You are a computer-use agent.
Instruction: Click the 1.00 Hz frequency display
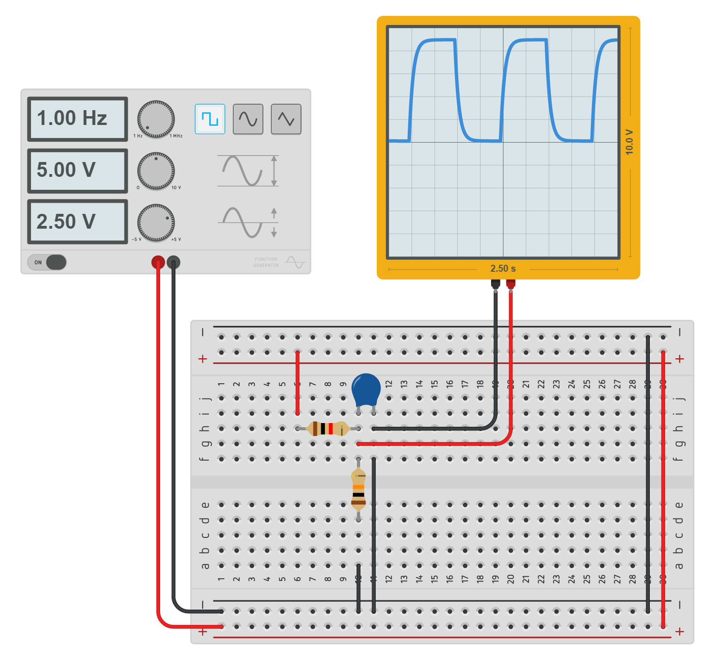coord(77,119)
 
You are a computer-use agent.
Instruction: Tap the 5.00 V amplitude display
coord(77,170)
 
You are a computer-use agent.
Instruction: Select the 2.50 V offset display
coord(77,222)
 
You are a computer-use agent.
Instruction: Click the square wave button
coord(210,119)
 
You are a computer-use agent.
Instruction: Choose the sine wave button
coord(248,119)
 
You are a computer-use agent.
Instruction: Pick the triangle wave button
coord(286,119)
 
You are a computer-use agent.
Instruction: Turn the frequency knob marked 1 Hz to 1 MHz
coord(156,119)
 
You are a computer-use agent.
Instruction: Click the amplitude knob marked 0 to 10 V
coord(156,171)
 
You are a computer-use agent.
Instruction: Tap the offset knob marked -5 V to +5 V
coord(156,223)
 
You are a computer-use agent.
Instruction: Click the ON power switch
coord(47,262)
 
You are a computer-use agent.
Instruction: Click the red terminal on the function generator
coord(158,262)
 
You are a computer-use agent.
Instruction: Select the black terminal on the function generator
coord(174,262)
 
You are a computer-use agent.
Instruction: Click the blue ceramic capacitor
coord(366,389)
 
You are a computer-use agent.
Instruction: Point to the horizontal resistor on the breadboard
coord(328,429)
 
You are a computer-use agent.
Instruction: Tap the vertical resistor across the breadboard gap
coord(358,489)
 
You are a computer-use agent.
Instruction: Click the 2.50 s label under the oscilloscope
coord(503,268)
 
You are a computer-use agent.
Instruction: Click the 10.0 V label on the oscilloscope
coord(629,142)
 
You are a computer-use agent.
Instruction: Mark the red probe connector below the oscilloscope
coord(511,284)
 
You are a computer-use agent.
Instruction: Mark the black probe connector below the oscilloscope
coord(495,284)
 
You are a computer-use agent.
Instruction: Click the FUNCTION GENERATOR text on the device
coord(266,262)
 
